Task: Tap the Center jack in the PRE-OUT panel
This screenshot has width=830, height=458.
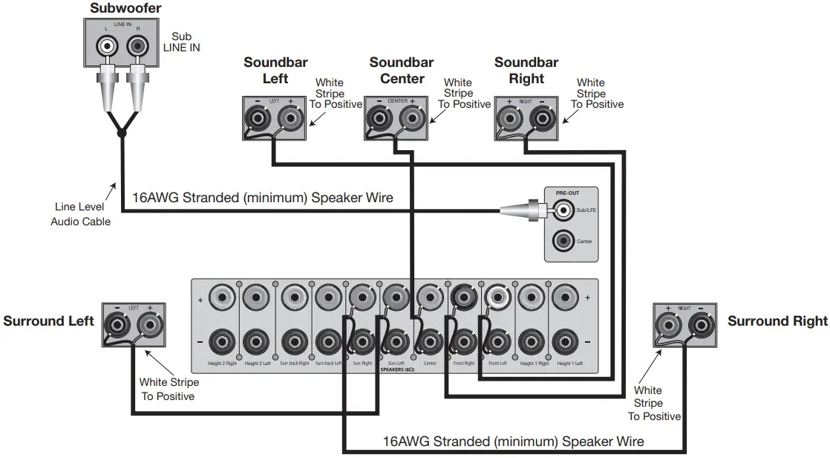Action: (564, 241)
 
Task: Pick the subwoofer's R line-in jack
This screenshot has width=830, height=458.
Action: (137, 47)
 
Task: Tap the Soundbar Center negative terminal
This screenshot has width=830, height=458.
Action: (379, 117)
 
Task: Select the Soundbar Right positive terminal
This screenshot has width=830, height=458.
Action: (510, 117)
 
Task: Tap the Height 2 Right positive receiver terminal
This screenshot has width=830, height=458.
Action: (221, 300)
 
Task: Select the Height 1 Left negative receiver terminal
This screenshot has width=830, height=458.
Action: (565, 343)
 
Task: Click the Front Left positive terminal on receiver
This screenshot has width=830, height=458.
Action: (496, 300)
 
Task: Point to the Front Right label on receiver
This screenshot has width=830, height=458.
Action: (463, 364)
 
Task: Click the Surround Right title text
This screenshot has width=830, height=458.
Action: (777, 321)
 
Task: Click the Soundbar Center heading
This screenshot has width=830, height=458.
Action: (401, 71)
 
